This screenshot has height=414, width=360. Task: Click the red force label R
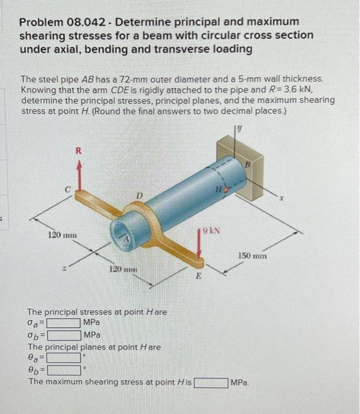[x=79, y=151]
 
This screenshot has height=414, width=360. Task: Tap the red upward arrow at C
[x=79, y=176]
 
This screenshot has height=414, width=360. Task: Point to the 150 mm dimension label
[x=252, y=256]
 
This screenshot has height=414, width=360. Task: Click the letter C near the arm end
[x=68, y=190]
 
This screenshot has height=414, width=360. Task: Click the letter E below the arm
[x=199, y=276]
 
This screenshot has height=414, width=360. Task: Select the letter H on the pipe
[x=219, y=189]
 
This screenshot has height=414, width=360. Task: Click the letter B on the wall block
[x=247, y=165]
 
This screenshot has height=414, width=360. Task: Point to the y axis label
[x=239, y=128]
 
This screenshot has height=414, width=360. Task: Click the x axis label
[x=281, y=198]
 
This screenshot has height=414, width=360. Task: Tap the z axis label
[x=64, y=269]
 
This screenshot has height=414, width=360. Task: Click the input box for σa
[x=64, y=323]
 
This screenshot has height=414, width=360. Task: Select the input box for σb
[x=64, y=336]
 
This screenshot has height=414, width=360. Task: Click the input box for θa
[x=64, y=358]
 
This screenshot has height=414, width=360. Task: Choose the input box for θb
[x=64, y=370]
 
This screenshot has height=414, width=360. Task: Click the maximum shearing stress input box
[x=211, y=383]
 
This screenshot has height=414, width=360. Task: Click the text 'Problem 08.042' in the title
[x=63, y=22]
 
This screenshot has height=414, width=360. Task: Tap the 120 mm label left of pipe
[x=62, y=235]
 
